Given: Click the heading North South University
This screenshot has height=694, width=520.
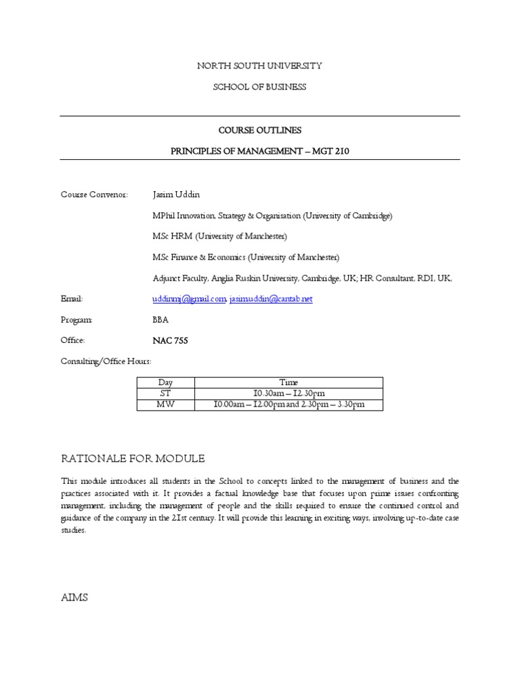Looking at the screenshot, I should [259, 66].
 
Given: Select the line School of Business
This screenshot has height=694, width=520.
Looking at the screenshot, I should [259, 87].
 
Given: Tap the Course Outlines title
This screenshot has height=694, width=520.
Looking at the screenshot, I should [259, 129].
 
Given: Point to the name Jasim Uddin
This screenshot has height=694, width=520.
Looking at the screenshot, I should [177, 195].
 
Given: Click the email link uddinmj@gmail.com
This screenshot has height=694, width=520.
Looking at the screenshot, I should [189, 299].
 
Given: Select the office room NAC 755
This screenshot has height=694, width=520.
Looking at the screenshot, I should [171, 340].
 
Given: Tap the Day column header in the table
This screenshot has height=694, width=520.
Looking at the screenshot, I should [166, 382].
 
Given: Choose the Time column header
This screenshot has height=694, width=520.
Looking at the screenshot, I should [288, 382].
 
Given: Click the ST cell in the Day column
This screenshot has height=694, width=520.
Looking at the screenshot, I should [166, 393].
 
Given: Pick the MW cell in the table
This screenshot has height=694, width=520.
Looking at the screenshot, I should [166, 405].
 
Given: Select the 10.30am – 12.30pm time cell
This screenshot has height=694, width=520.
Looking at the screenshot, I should [288, 393].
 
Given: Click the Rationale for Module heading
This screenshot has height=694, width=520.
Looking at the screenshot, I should [133, 459].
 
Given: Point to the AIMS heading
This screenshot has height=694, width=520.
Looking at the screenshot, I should [74, 598].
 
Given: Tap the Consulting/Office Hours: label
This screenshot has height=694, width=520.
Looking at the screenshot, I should [102, 361].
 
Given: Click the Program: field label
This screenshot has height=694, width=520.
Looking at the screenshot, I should [77, 319].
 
